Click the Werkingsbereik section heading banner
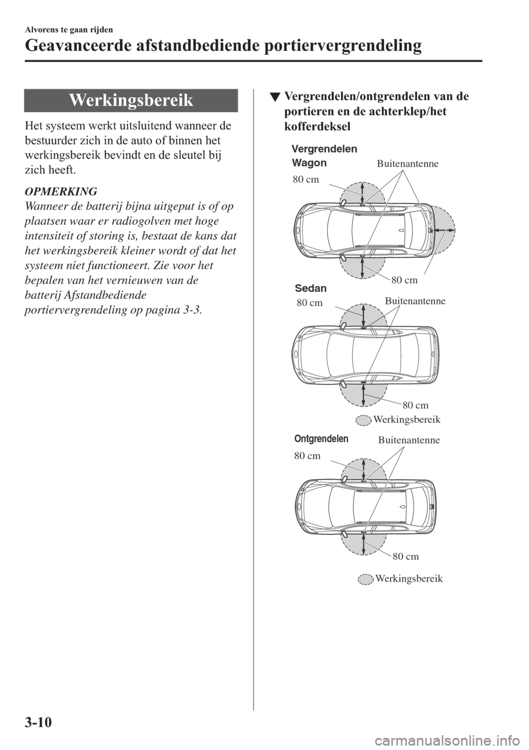click(131, 100)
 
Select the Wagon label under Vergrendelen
click(309, 163)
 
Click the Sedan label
click(311, 288)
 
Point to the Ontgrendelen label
click(321, 439)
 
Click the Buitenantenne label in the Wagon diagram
click(408, 164)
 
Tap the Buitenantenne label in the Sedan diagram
click(415, 301)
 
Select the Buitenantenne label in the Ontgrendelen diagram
click(409, 440)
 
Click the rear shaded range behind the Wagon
click(445, 230)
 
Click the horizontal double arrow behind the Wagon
click(444, 230)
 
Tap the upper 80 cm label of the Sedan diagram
click(310, 303)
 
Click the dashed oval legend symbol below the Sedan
click(363, 420)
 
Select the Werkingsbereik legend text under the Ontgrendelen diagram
click(409, 579)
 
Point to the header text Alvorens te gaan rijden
click(69, 30)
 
